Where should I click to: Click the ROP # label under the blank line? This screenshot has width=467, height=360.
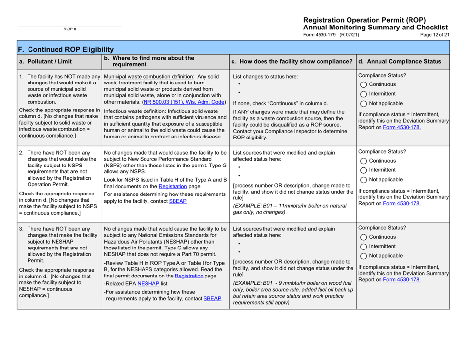click(x=69, y=29)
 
